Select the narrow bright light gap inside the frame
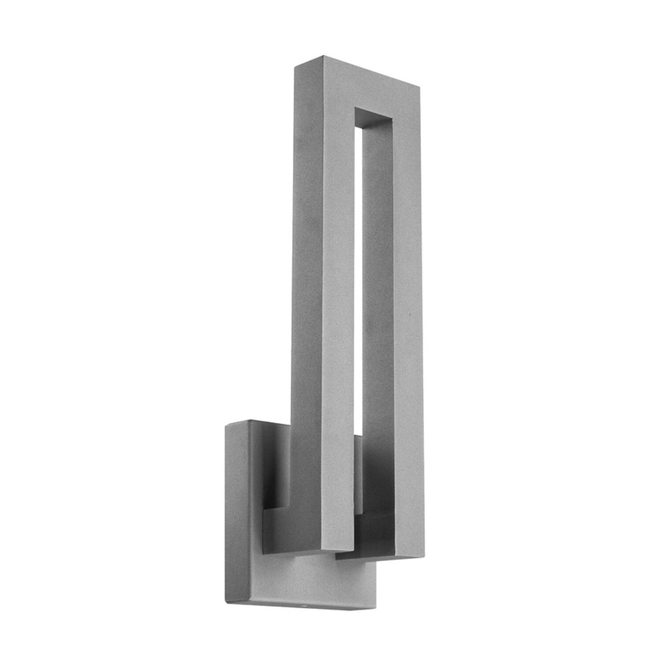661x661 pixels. [358, 275]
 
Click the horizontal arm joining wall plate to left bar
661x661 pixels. [286, 529]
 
